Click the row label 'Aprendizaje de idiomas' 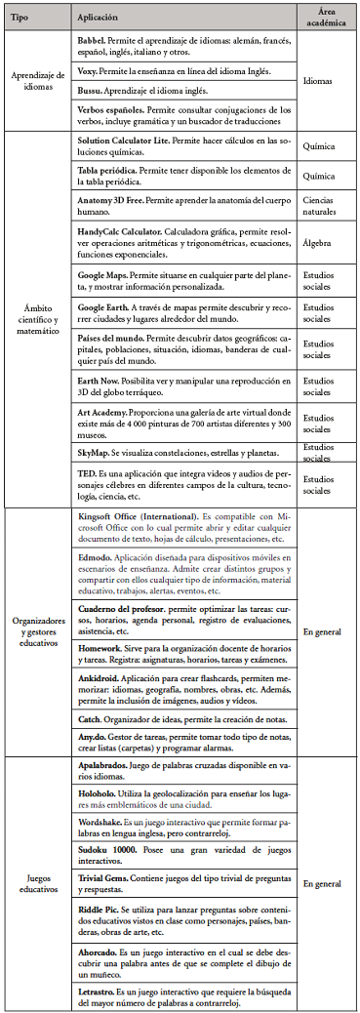(36, 81)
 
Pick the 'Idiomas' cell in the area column (317, 81)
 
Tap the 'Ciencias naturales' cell (322, 201)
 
